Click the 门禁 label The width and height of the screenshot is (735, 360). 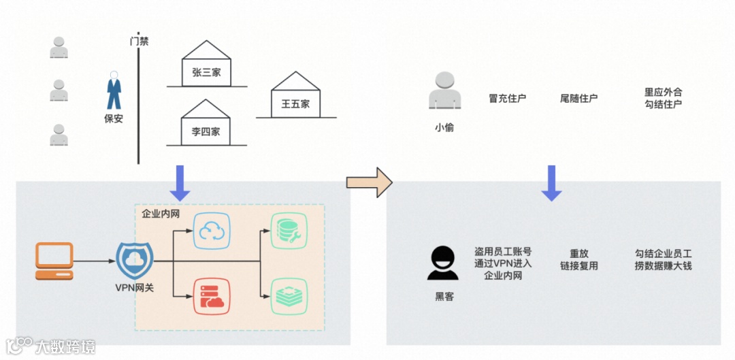click(x=139, y=41)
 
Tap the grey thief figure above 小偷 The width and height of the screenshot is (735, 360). click(x=444, y=92)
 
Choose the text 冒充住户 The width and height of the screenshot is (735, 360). click(x=508, y=98)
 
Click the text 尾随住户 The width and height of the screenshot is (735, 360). click(x=578, y=98)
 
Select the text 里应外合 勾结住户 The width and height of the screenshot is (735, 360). click(x=663, y=98)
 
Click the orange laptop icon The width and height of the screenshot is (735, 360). click(x=54, y=261)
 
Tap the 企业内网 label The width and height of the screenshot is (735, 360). click(x=161, y=214)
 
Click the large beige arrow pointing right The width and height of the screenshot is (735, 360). click(x=370, y=182)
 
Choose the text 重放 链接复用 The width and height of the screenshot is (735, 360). click(x=578, y=259)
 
